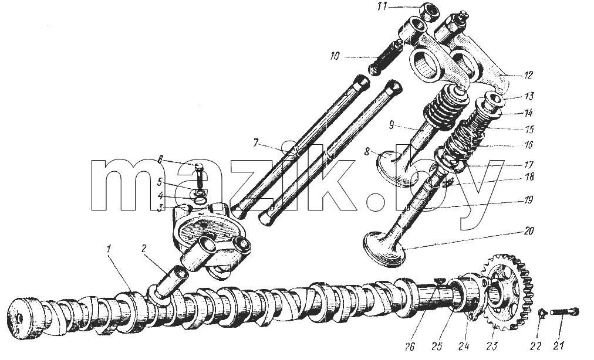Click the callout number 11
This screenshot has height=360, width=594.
pyautogui.click(x=383, y=7)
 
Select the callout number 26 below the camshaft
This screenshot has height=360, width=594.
pyautogui.click(x=410, y=347)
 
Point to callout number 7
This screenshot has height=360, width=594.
pyautogui.click(x=256, y=144)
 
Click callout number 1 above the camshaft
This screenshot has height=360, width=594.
pyautogui.click(x=109, y=249)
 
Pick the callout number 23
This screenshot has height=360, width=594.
pyautogui.click(x=492, y=345)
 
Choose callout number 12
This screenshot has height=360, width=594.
pyautogui.click(x=528, y=75)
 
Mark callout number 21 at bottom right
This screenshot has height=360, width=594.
pyautogui.click(x=559, y=345)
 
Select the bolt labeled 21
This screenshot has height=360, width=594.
pyautogui.click(x=565, y=313)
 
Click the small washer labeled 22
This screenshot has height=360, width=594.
pyautogui.click(x=542, y=313)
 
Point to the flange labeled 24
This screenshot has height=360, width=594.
pyautogui.click(x=469, y=299)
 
